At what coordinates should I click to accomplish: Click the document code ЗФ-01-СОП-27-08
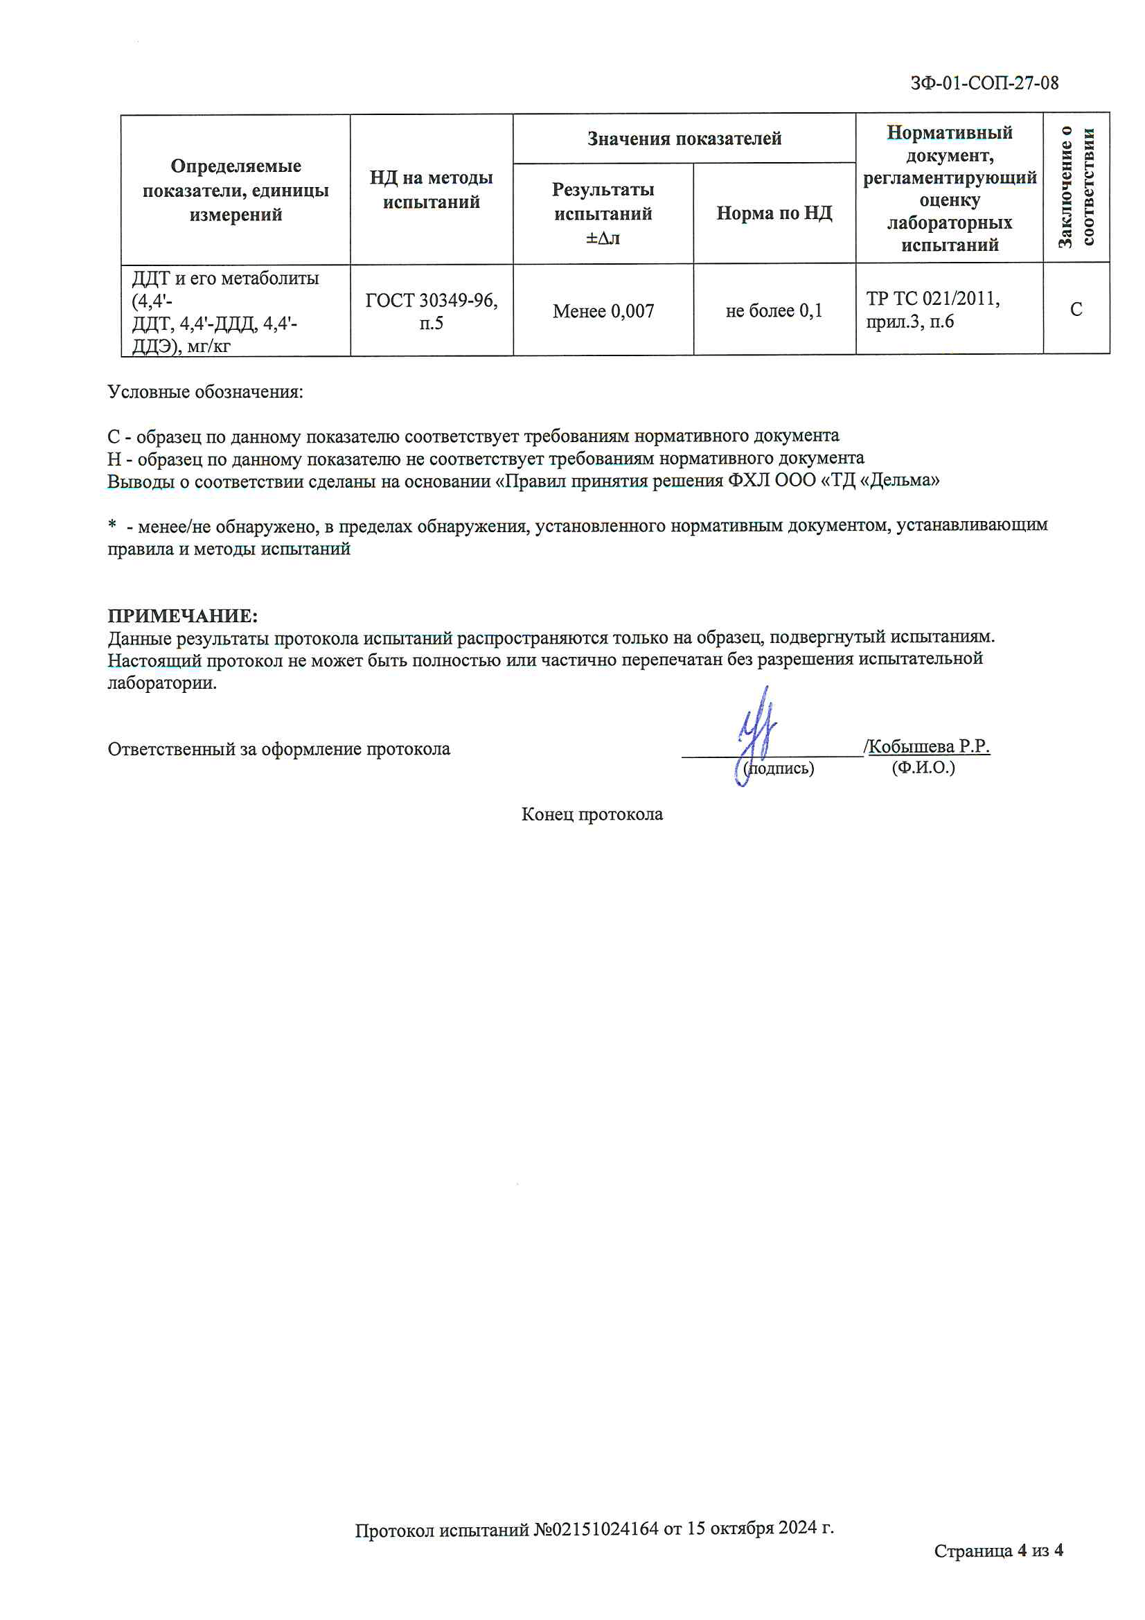click(984, 83)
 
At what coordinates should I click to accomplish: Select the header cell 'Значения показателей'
click(684, 139)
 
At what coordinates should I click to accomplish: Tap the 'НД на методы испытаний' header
click(431, 189)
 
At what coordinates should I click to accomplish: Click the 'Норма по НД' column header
click(774, 213)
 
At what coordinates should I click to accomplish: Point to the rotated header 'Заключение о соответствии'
click(1076, 187)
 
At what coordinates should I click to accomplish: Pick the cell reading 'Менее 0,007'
click(603, 310)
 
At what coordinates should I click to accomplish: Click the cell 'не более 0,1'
click(774, 310)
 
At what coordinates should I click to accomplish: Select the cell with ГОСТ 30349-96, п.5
click(431, 311)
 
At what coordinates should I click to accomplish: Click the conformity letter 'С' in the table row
click(1076, 310)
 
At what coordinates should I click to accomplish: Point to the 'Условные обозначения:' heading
click(205, 391)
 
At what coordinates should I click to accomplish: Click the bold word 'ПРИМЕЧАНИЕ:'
click(183, 616)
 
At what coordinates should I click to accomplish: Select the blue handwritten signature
click(756, 734)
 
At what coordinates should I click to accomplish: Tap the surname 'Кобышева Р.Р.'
click(928, 746)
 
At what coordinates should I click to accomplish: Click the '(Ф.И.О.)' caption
click(923, 768)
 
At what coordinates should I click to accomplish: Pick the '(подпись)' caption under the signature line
click(779, 768)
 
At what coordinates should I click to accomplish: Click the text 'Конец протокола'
click(592, 814)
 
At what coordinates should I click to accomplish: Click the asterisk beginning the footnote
click(112, 525)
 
